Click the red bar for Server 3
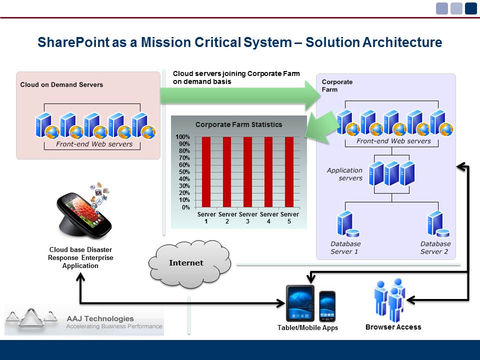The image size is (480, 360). pyautogui.click(x=247, y=171)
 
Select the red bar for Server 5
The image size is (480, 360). pyautogui.click(x=289, y=171)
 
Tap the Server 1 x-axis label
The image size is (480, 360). pyautogui.click(x=206, y=217)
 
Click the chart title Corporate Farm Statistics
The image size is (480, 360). pyautogui.click(x=238, y=124)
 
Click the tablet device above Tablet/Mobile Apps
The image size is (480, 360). pyautogui.click(x=300, y=303)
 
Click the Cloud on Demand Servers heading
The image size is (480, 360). pyautogui.click(x=61, y=84)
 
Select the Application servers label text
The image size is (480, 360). pyautogui.click(x=344, y=174)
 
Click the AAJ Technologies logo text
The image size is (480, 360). pyautogui.click(x=100, y=318)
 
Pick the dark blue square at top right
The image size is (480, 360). pyautogui.click(x=470, y=8)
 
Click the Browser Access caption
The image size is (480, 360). pyautogui.click(x=393, y=327)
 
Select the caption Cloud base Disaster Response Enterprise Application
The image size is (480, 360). pyautogui.click(x=80, y=257)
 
